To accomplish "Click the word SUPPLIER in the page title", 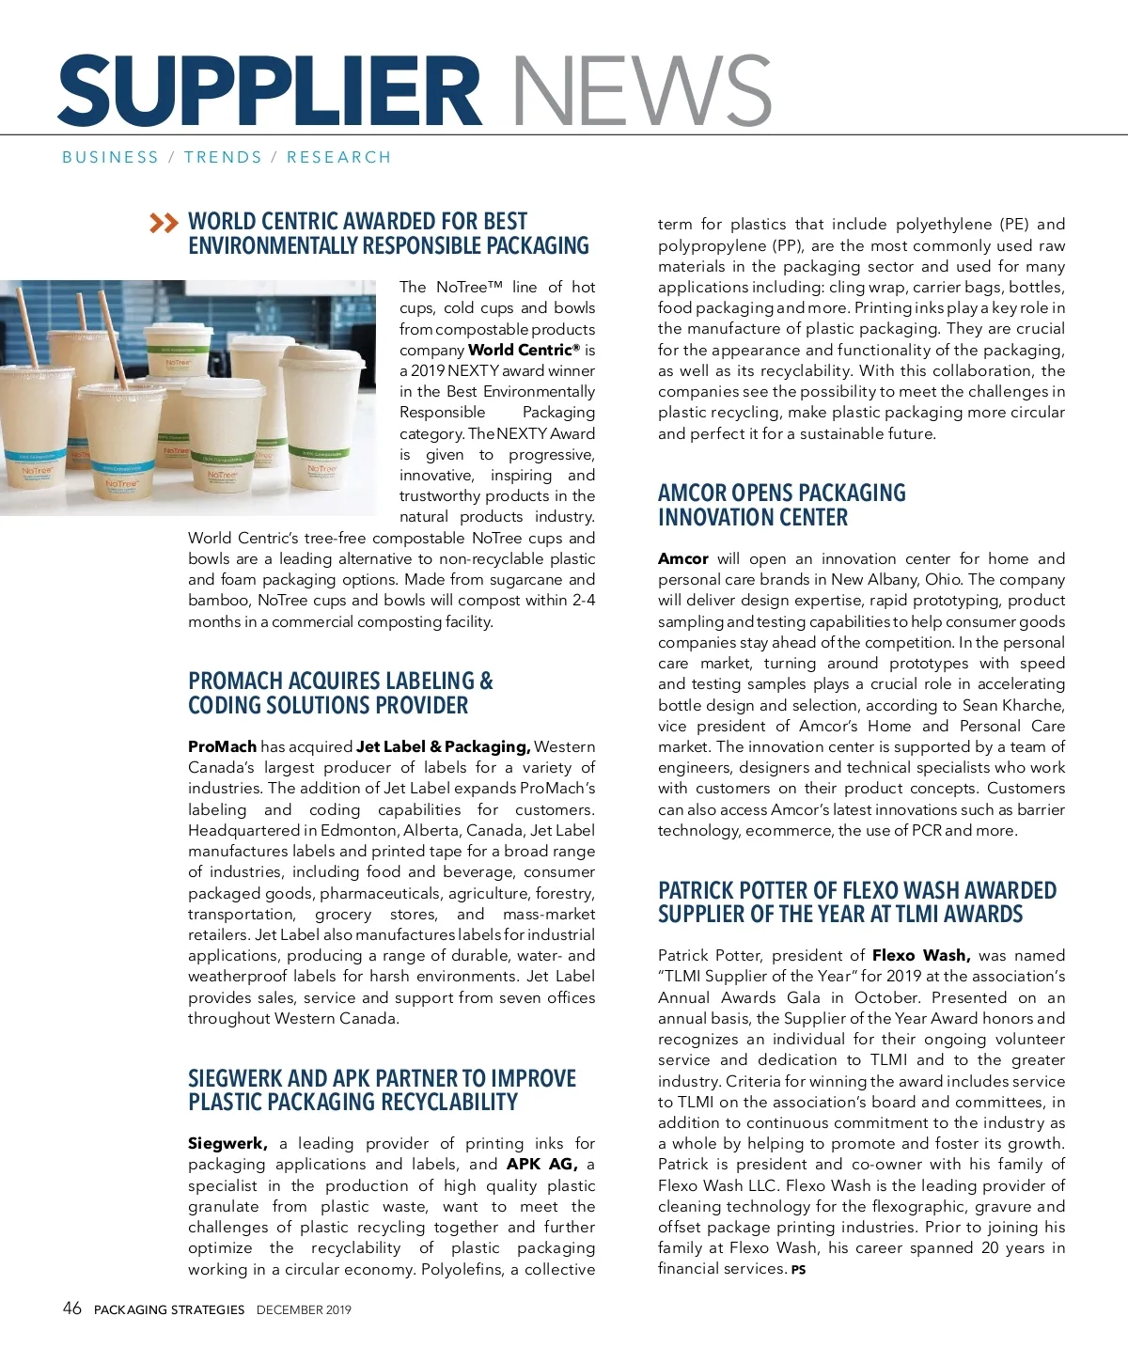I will [x=271, y=91].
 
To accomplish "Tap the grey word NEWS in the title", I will [x=641, y=91].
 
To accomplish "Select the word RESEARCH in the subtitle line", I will [x=338, y=157].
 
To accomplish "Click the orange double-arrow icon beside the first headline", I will [x=164, y=223].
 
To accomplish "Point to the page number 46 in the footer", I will [x=71, y=1308].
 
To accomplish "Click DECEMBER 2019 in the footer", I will [x=304, y=1309].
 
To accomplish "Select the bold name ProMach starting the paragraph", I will [x=222, y=746].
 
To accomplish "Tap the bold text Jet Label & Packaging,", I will [x=443, y=746].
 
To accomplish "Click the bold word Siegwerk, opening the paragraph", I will [x=227, y=1143].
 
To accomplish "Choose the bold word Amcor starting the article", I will [x=683, y=558].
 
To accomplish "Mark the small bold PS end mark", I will [x=798, y=1270].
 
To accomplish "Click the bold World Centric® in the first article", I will [x=524, y=350].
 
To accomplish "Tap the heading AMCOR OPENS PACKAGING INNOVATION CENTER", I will [x=781, y=505].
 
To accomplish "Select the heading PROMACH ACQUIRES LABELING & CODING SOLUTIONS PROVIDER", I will [x=340, y=693].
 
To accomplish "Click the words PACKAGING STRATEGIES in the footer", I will [x=169, y=1309].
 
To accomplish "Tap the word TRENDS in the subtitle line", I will [x=223, y=157].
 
